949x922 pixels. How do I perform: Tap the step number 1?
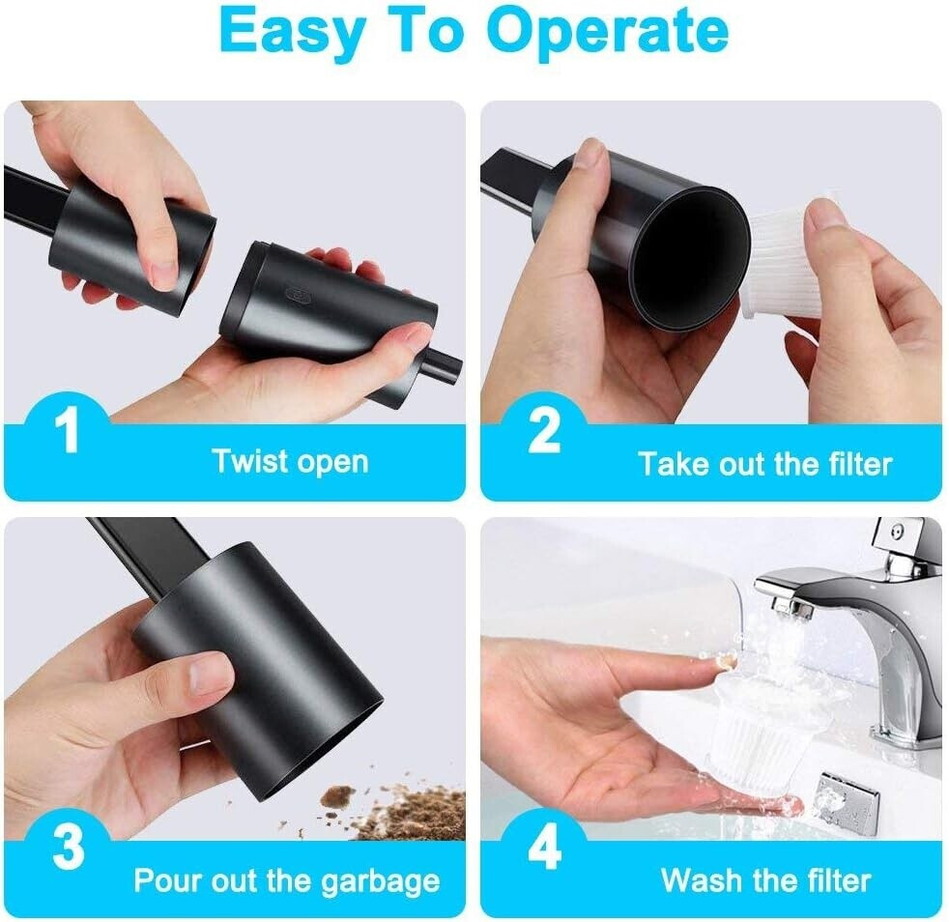[x=68, y=431]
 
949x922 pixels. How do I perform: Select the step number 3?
[x=68, y=848]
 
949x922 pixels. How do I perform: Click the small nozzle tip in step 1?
[x=444, y=363]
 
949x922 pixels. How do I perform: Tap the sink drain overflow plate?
[x=847, y=800]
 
